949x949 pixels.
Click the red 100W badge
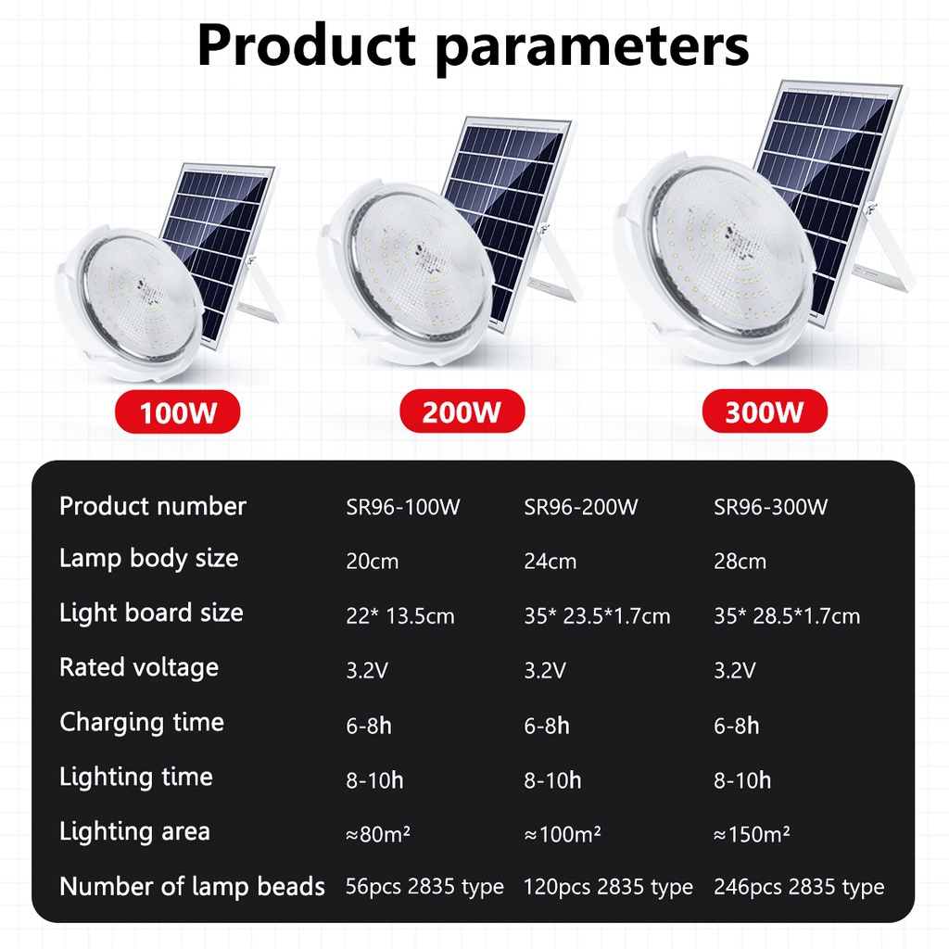tap(177, 412)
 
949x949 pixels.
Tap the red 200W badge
tap(462, 411)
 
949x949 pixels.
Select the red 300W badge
tap(765, 411)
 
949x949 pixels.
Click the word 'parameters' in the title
tap(593, 47)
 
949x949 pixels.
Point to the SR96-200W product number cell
tap(581, 507)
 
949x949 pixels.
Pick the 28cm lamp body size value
tap(740, 561)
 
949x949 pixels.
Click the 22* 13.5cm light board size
tap(400, 616)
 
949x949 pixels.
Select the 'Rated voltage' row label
tap(139, 667)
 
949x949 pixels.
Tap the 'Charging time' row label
tap(142, 722)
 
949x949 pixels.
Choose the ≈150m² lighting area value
tap(752, 834)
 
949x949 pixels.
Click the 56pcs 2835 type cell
tap(424, 887)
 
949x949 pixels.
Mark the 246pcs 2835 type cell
tap(799, 887)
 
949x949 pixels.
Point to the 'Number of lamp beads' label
tap(193, 887)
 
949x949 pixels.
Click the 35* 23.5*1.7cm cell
tap(598, 616)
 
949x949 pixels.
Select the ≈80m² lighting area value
tap(378, 834)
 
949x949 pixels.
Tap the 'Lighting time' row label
tap(136, 778)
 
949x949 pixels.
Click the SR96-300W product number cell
tap(770, 507)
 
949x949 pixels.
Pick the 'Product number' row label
tap(153, 506)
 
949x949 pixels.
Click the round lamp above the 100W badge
tap(128, 304)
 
